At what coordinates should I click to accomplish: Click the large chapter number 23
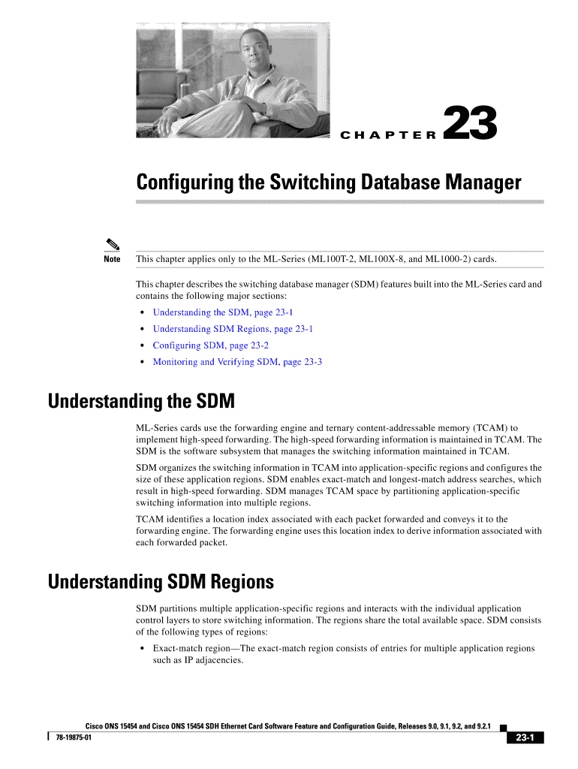[471, 124]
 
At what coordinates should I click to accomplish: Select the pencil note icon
[112, 244]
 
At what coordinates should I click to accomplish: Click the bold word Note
[112, 260]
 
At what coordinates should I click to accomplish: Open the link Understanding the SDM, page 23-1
[218, 312]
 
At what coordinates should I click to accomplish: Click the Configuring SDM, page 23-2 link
[210, 345]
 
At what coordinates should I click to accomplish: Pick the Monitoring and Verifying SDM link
[237, 362]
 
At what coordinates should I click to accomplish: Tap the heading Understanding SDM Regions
[161, 582]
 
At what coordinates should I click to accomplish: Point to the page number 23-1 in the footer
[525, 738]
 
